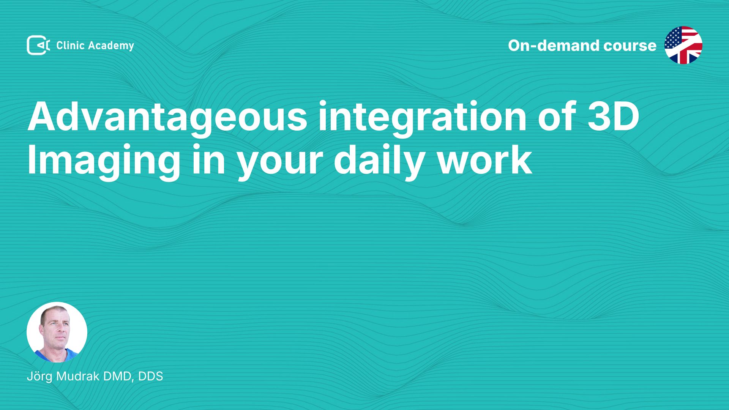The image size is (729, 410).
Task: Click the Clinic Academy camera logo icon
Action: (38, 45)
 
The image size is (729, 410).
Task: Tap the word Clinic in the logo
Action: (70, 45)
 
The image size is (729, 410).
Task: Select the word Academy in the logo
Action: (111, 46)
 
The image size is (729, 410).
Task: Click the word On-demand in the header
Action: (553, 46)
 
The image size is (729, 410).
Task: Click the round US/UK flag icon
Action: (683, 45)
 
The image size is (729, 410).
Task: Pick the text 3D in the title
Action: (614, 116)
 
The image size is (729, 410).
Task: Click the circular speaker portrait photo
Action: (57, 332)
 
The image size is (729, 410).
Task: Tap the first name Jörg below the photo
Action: (39, 377)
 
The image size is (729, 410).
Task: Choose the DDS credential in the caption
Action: (150, 376)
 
